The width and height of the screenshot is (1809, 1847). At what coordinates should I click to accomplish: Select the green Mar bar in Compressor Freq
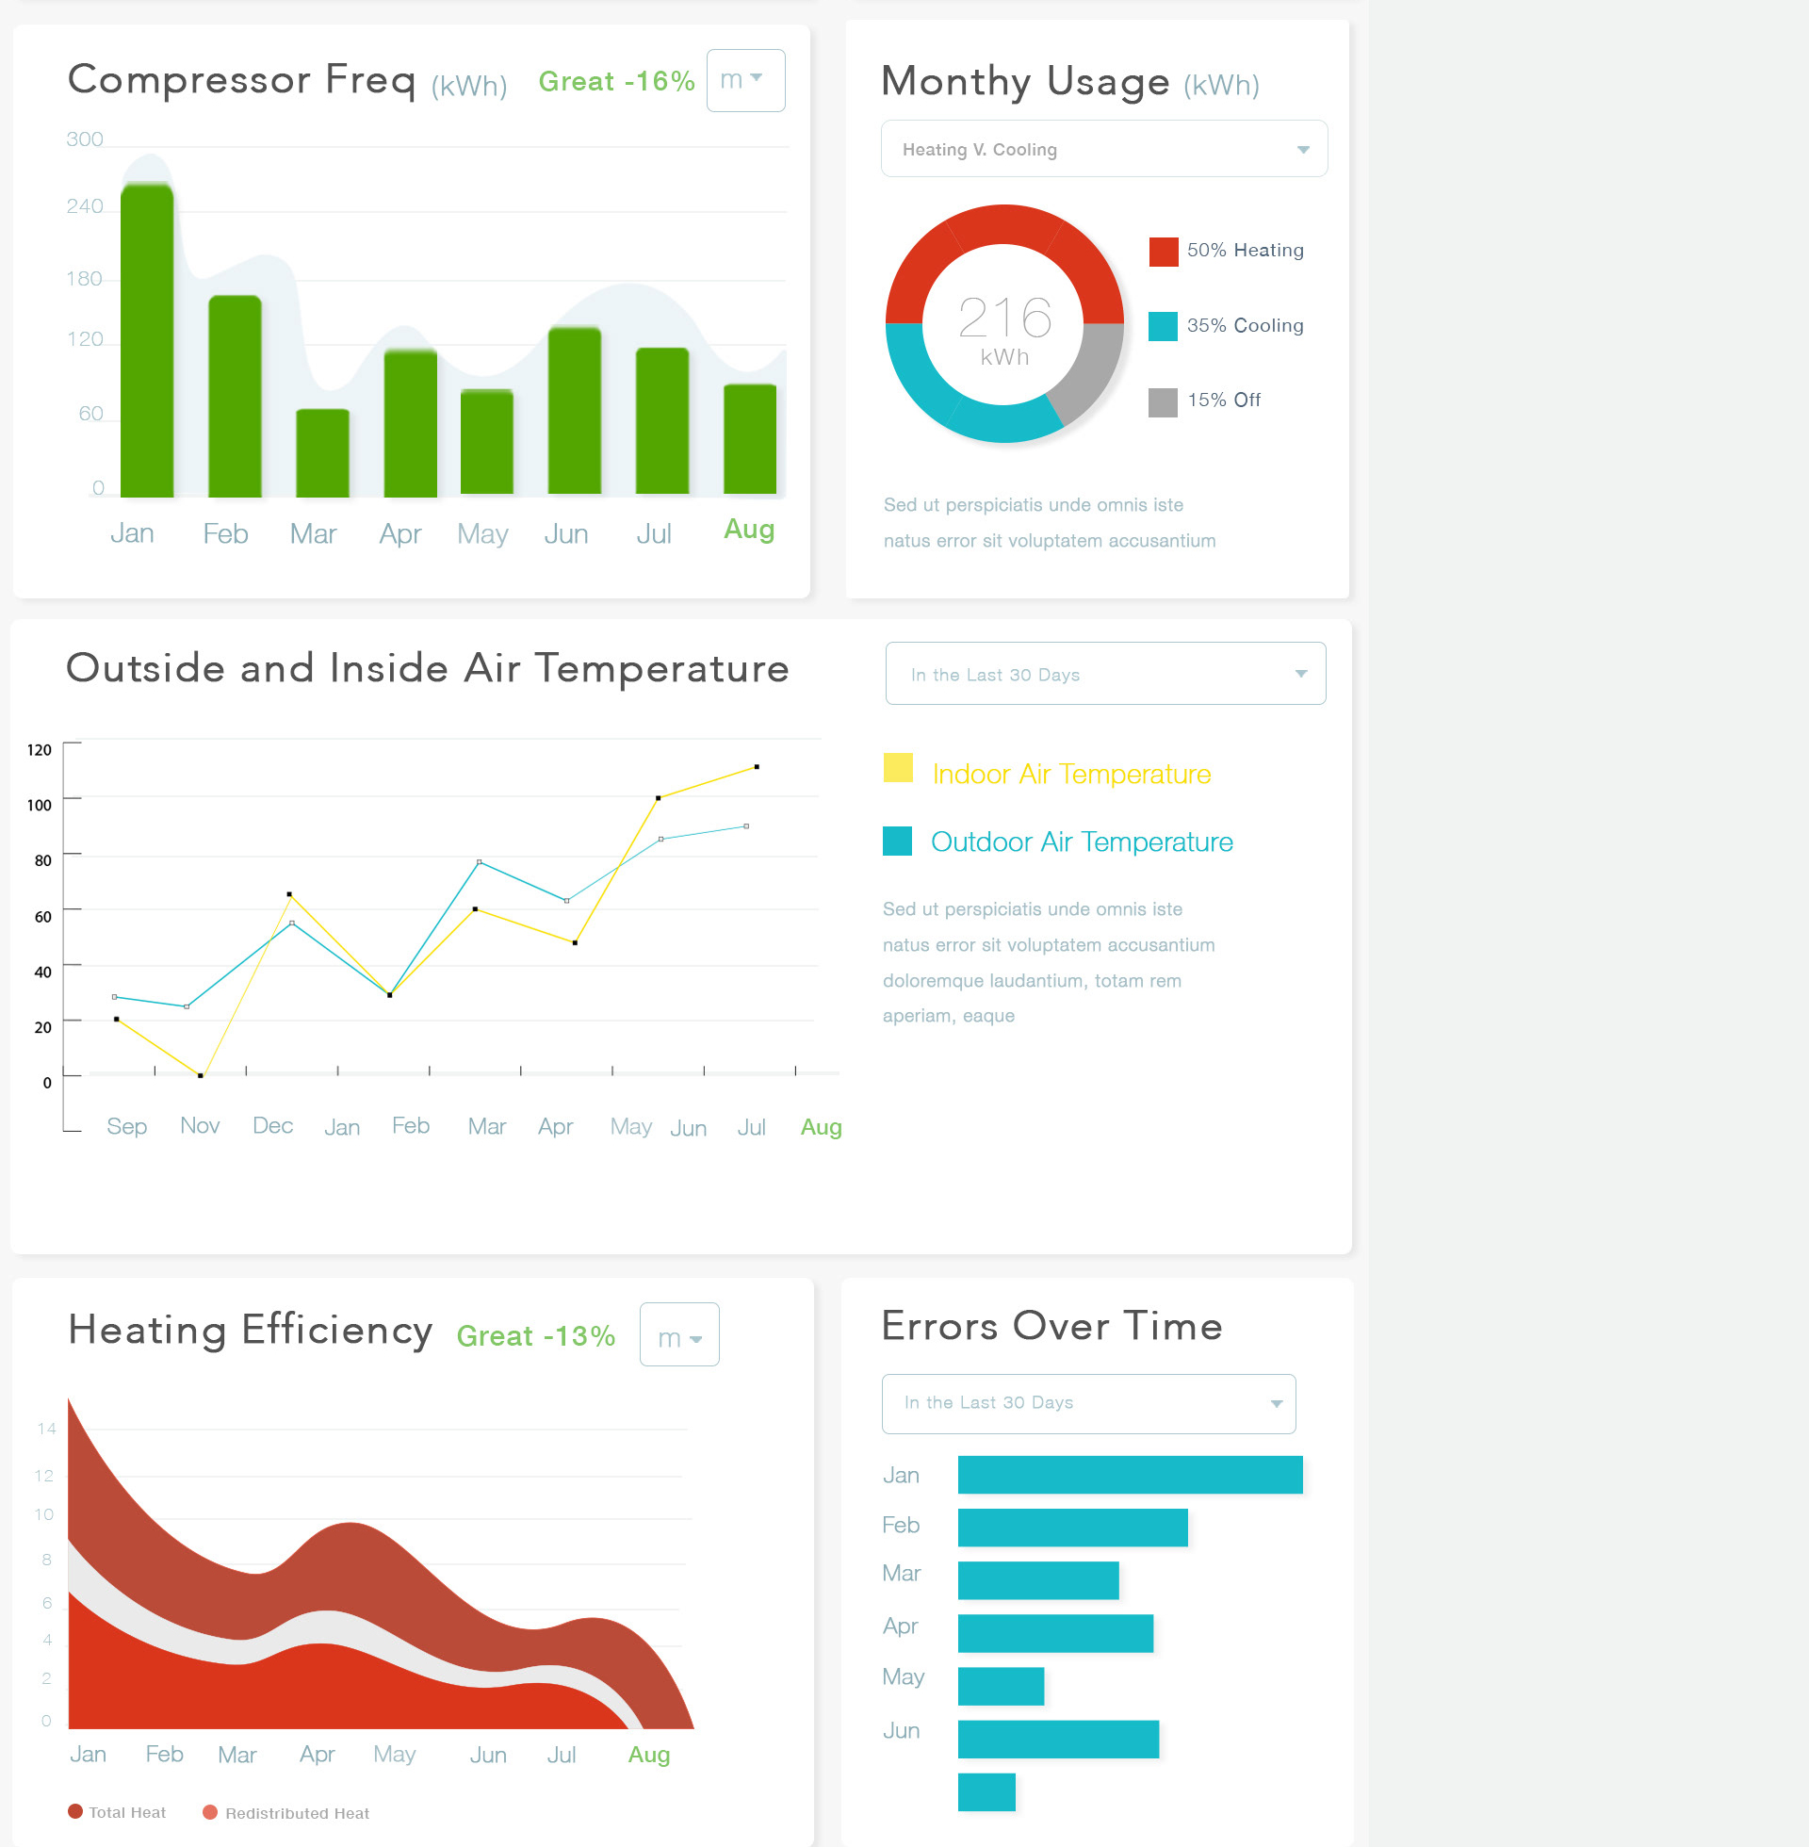(322, 453)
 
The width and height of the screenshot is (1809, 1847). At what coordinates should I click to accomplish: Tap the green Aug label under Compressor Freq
(749, 530)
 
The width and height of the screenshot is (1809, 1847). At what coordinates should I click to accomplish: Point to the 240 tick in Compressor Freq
(85, 206)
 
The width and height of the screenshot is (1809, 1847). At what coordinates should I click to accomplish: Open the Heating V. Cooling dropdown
(1103, 149)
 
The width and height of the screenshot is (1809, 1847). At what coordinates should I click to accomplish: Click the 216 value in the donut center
(1004, 318)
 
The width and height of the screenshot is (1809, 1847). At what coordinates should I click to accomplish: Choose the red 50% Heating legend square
(1163, 252)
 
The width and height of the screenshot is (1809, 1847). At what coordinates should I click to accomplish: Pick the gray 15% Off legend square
(1162, 401)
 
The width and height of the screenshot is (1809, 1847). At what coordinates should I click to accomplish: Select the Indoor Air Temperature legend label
(1070, 775)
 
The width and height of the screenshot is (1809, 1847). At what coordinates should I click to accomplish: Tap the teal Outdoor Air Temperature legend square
(897, 841)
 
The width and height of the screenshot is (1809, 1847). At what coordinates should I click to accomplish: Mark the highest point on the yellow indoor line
(757, 767)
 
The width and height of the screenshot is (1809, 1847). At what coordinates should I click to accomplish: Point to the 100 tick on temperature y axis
(39, 805)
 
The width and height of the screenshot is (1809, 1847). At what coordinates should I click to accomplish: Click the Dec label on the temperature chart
(272, 1126)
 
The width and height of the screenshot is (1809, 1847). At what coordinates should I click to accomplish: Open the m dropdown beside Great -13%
(679, 1335)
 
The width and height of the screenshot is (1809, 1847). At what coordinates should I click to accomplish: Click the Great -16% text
(615, 82)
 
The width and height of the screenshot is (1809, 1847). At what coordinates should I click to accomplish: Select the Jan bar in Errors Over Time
(1130, 1475)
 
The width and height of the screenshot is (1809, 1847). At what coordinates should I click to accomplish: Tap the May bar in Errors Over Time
(1001, 1686)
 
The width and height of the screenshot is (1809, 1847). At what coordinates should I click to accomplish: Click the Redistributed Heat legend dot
(211, 1812)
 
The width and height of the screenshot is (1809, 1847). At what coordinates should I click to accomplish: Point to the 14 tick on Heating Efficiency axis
(46, 1428)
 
